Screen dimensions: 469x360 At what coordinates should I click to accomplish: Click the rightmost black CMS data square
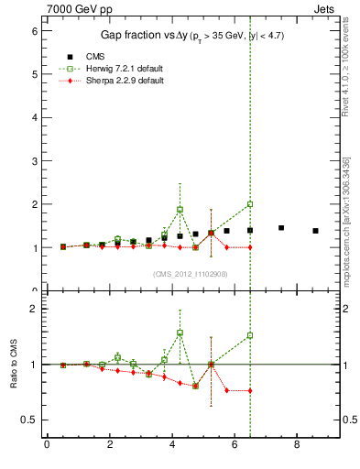tap(315, 231)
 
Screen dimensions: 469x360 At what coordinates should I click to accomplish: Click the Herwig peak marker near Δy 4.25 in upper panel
tap(180, 210)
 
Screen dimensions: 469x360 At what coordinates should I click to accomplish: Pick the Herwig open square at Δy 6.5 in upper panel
tap(250, 204)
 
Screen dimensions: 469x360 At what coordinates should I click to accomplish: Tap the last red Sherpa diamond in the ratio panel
tap(250, 390)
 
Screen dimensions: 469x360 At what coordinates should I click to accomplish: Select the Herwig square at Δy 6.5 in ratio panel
tap(250, 335)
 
